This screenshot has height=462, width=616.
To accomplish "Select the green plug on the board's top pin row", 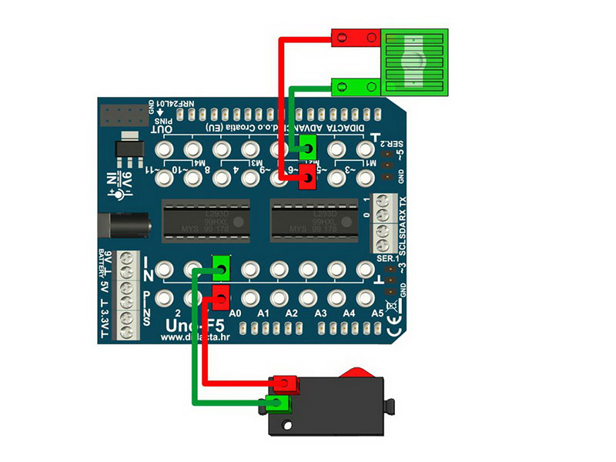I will tap(307, 146).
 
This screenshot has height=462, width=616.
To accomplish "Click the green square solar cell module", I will tap(416, 62).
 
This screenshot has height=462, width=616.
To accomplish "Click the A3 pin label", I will tap(320, 313).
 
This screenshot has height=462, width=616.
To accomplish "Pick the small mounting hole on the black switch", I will tap(286, 424).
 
